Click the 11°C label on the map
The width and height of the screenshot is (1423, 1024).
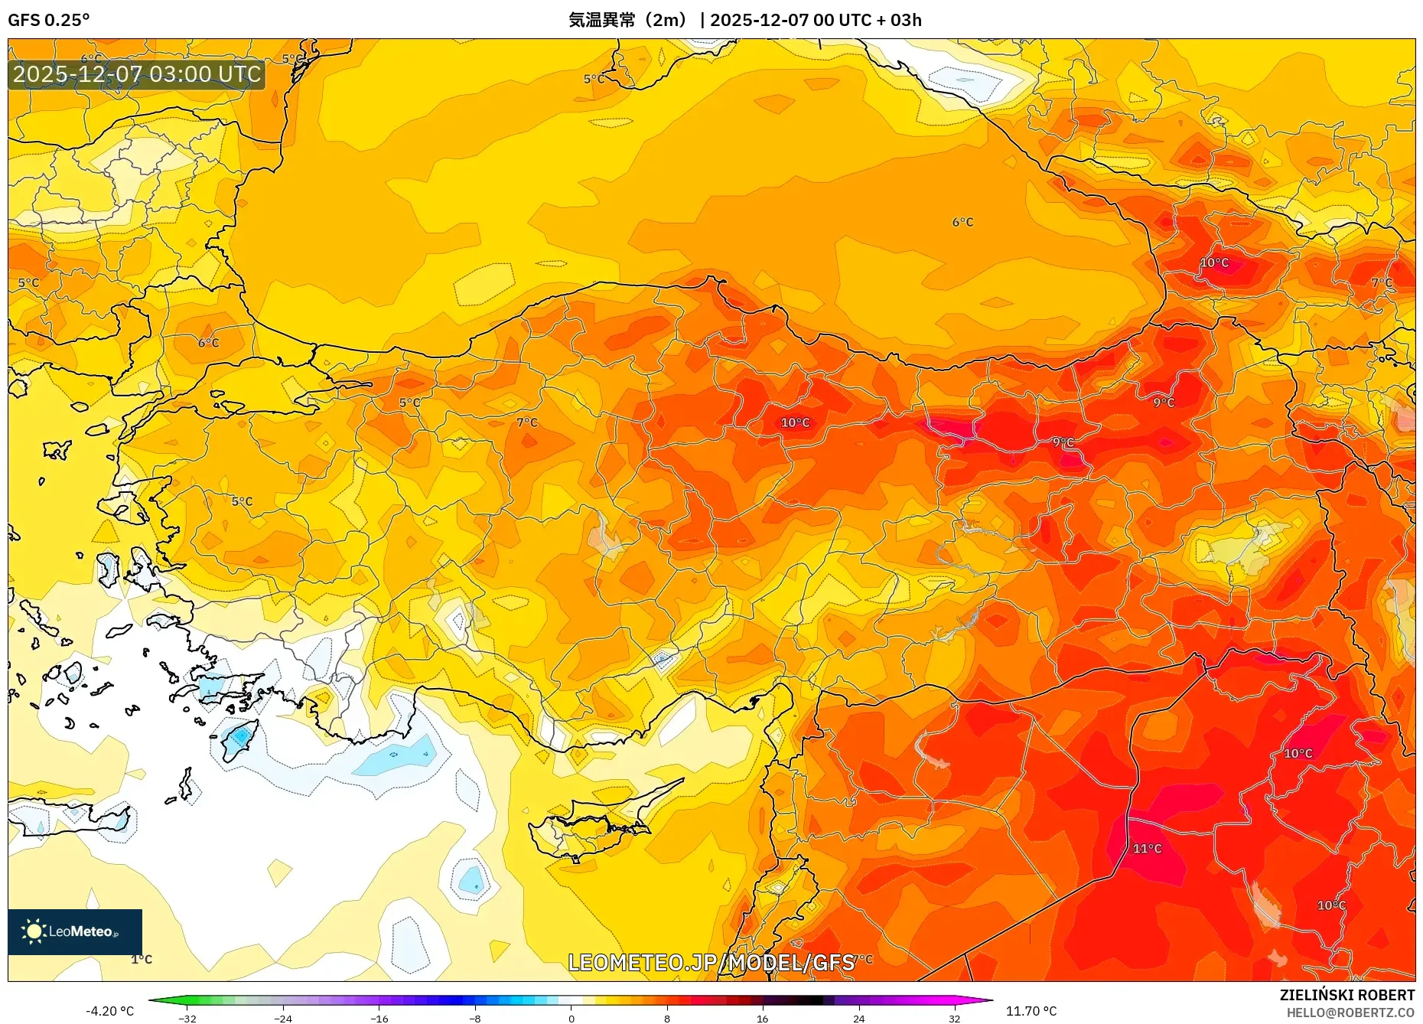(1147, 849)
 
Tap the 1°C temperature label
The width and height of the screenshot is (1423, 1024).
(142, 959)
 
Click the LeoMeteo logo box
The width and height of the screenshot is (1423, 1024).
(75, 931)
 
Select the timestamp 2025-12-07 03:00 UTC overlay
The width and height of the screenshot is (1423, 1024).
(137, 74)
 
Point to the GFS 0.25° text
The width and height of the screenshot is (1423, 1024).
(48, 20)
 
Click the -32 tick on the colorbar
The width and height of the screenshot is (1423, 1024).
(187, 1018)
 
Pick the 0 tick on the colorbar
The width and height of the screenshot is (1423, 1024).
(571, 1018)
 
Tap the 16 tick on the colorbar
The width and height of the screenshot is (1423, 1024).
(762, 1018)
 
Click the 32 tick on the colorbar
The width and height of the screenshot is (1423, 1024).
(954, 1018)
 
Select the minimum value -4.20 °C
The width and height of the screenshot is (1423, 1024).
(109, 1011)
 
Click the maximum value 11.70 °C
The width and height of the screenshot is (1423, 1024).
(1031, 1011)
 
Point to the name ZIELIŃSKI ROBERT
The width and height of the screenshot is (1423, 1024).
(1346, 995)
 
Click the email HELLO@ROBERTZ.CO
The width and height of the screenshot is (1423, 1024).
(1350, 1013)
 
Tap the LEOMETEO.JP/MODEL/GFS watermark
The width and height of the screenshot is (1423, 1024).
(711, 962)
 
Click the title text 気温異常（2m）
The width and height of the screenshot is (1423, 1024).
(627, 20)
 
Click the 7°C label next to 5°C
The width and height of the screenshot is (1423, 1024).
(527, 422)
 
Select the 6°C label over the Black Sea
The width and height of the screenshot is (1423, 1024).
(962, 223)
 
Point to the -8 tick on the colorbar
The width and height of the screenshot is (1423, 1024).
(475, 1018)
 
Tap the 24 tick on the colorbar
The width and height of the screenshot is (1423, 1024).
(858, 1018)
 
